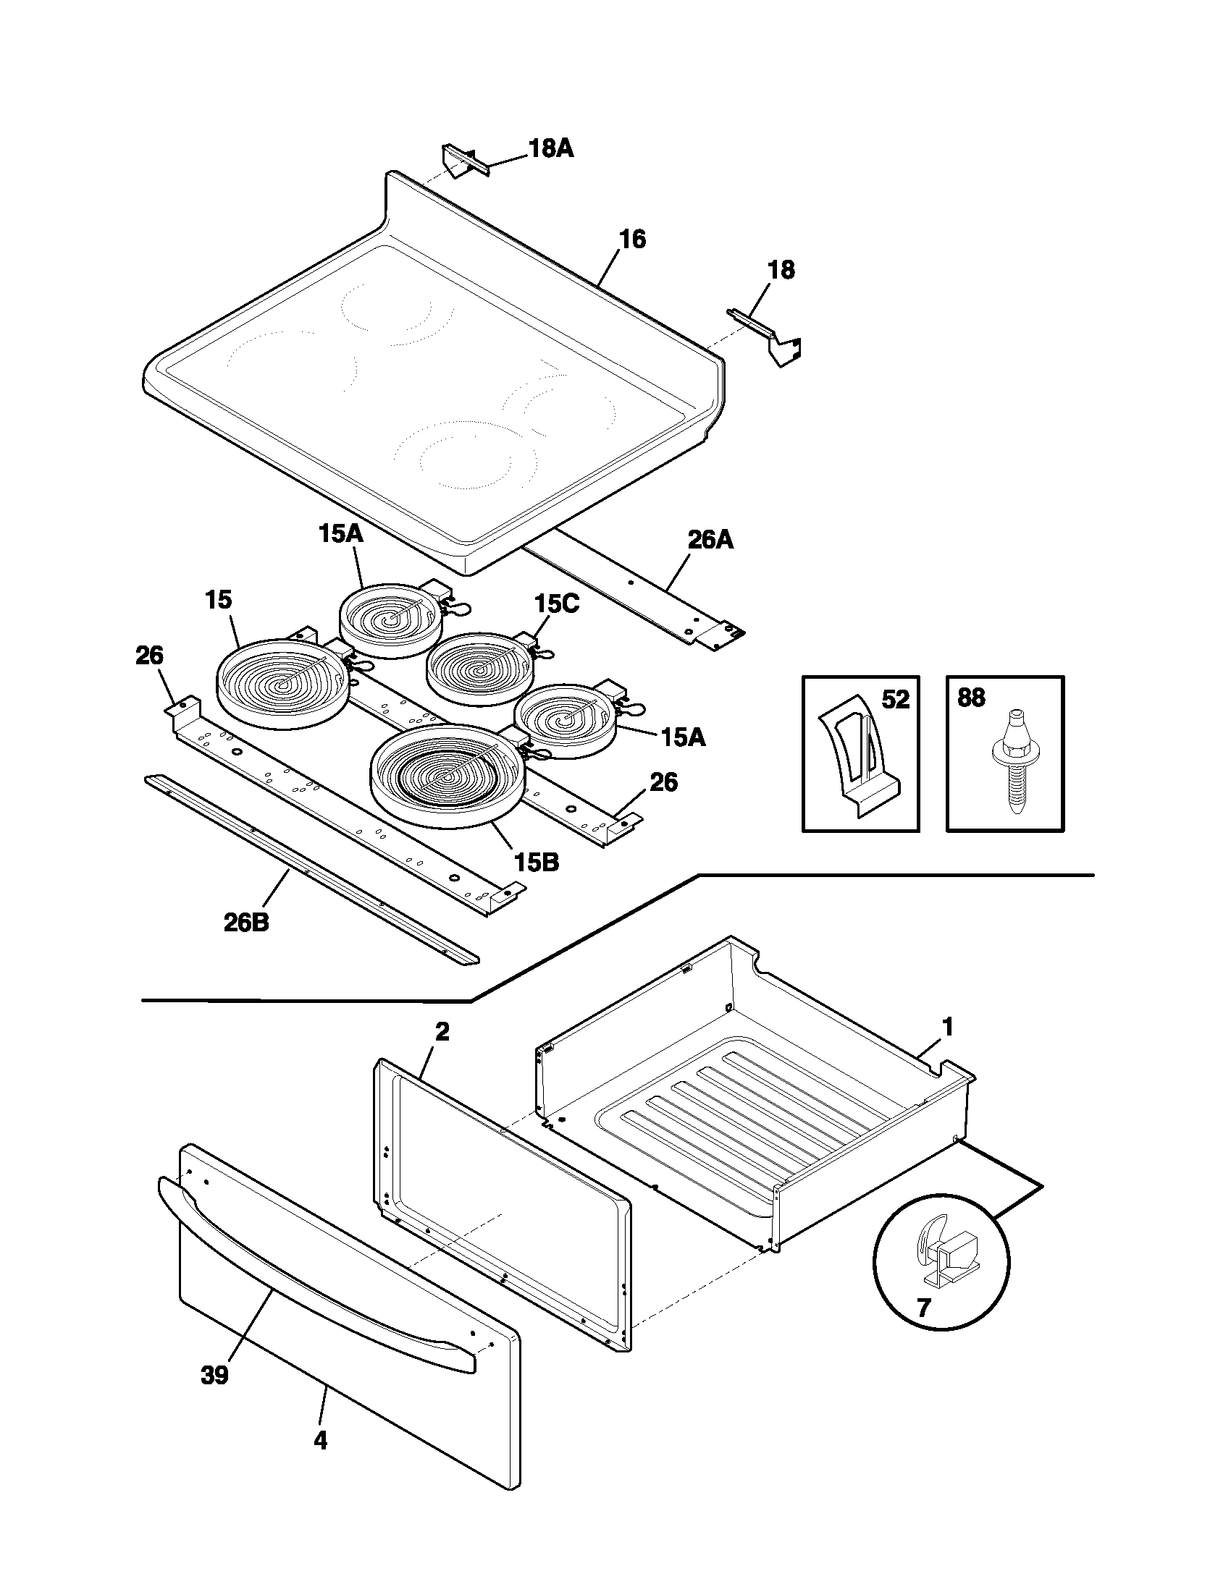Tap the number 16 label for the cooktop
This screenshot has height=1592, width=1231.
(x=632, y=239)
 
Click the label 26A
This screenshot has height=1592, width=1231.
(x=710, y=540)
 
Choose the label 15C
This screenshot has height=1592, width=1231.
(x=556, y=604)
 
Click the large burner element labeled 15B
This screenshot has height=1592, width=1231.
(x=446, y=775)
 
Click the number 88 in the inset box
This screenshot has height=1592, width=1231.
(x=971, y=698)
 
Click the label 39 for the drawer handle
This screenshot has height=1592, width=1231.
(x=214, y=1376)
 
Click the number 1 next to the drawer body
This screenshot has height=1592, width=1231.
(x=947, y=1028)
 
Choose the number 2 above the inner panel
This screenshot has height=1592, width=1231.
(x=442, y=1032)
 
